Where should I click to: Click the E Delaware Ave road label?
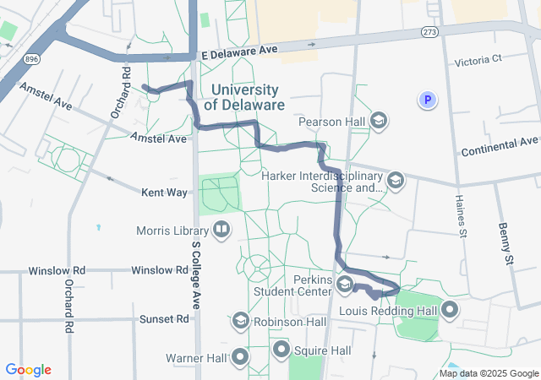(239, 51)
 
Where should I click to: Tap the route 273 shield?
(429, 31)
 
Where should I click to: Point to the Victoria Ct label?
(478, 60)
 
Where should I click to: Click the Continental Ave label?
(500, 147)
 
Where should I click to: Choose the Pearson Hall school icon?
(380, 122)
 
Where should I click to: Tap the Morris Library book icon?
(221, 230)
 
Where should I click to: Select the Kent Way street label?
(164, 193)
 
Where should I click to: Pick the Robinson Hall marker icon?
(240, 322)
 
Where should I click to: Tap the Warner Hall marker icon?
(240, 357)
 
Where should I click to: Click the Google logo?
(29, 370)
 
